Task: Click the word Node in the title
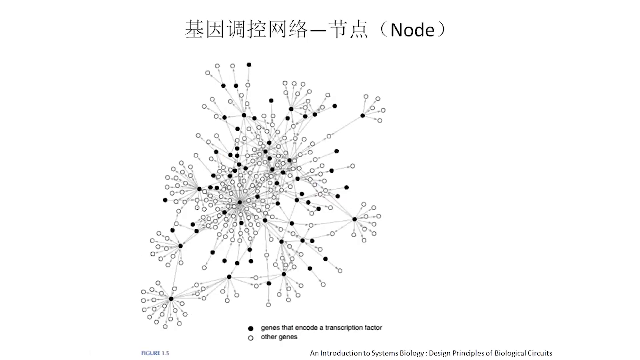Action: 412,30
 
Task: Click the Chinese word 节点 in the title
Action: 348,29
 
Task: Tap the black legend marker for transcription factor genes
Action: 251,328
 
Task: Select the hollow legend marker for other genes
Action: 251,338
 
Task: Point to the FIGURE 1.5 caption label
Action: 155,353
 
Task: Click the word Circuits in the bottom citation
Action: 539,353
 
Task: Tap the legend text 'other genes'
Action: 279,337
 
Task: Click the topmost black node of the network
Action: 249,65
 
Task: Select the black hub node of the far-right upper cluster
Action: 363,116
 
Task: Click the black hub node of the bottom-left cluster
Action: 171,299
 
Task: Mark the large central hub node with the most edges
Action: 240,202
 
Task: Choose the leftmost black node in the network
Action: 165,200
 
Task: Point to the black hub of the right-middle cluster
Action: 355,219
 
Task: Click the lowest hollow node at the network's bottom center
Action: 269,305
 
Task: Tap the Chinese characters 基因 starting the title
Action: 204,29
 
